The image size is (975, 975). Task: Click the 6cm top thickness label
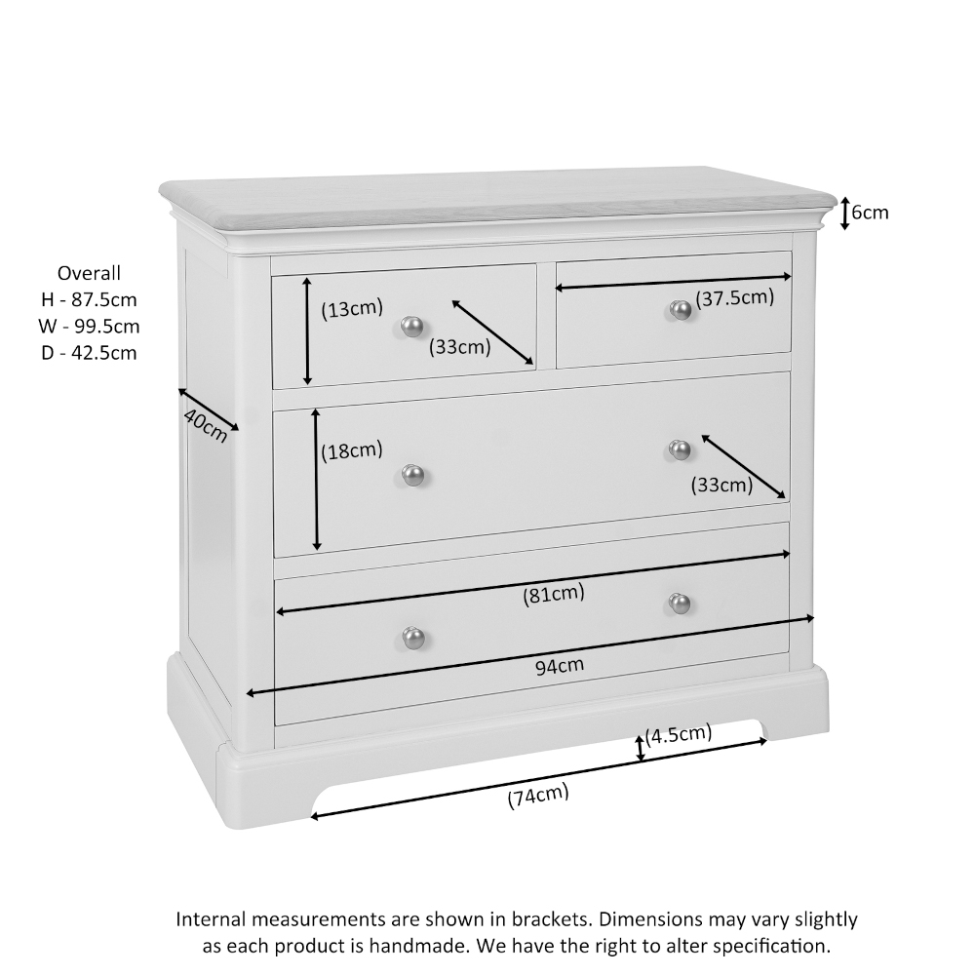click(870, 213)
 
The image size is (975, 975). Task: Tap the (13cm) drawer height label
click(352, 310)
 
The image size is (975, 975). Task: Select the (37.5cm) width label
click(734, 298)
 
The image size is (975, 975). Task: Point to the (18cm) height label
click(352, 450)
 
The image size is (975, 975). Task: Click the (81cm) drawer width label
click(553, 593)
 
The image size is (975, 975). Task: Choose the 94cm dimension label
click(560, 666)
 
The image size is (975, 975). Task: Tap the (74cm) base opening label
click(537, 797)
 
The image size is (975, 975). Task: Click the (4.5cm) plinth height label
click(679, 734)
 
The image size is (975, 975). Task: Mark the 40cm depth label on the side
click(205, 425)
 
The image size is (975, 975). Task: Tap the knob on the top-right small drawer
click(681, 310)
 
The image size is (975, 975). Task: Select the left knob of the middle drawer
click(414, 475)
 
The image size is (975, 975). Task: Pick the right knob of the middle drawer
click(681, 449)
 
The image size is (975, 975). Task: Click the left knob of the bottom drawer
click(414, 637)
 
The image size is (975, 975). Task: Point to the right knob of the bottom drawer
click(681, 604)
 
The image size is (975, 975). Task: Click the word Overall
click(89, 273)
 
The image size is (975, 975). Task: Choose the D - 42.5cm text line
click(89, 353)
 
